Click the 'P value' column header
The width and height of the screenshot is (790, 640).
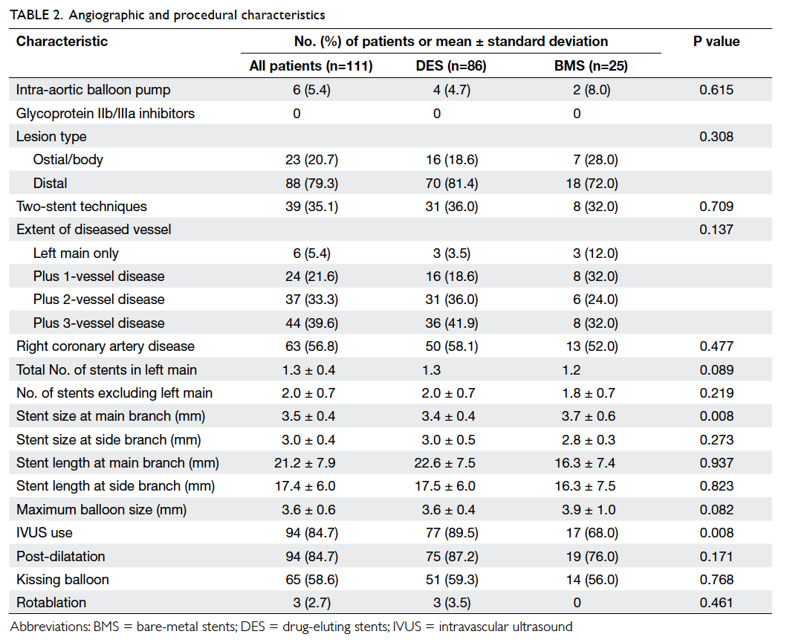coord(716,42)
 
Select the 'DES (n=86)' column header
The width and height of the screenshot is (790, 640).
coord(451,66)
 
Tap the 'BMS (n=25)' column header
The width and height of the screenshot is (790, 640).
coord(591,66)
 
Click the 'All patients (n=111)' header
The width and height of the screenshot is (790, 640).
coord(311,66)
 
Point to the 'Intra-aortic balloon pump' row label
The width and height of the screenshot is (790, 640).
coord(93,90)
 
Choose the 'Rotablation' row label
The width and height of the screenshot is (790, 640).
coord(51,603)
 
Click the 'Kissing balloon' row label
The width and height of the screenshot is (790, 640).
coord(62,580)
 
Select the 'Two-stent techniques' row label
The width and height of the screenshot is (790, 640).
coord(81,207)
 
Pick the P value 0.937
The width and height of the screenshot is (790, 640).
coord(716,463)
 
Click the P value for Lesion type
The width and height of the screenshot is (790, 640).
coord(716,137)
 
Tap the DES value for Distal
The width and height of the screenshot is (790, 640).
coord(451,184)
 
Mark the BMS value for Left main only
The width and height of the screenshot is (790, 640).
coord(595,253)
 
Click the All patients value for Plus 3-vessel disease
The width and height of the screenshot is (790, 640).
coord(311,323)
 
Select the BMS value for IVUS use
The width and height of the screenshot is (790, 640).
coord(592,533)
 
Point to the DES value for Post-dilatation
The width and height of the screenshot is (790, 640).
coord(451,556)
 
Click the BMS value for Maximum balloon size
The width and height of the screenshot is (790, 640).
coord(589,509)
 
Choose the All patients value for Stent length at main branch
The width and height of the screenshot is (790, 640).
coord(305,463)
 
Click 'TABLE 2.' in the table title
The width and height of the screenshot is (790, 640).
coord(36,15)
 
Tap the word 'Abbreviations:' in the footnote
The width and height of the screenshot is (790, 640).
coord(50,627)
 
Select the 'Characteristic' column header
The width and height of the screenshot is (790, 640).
coord(62,42)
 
